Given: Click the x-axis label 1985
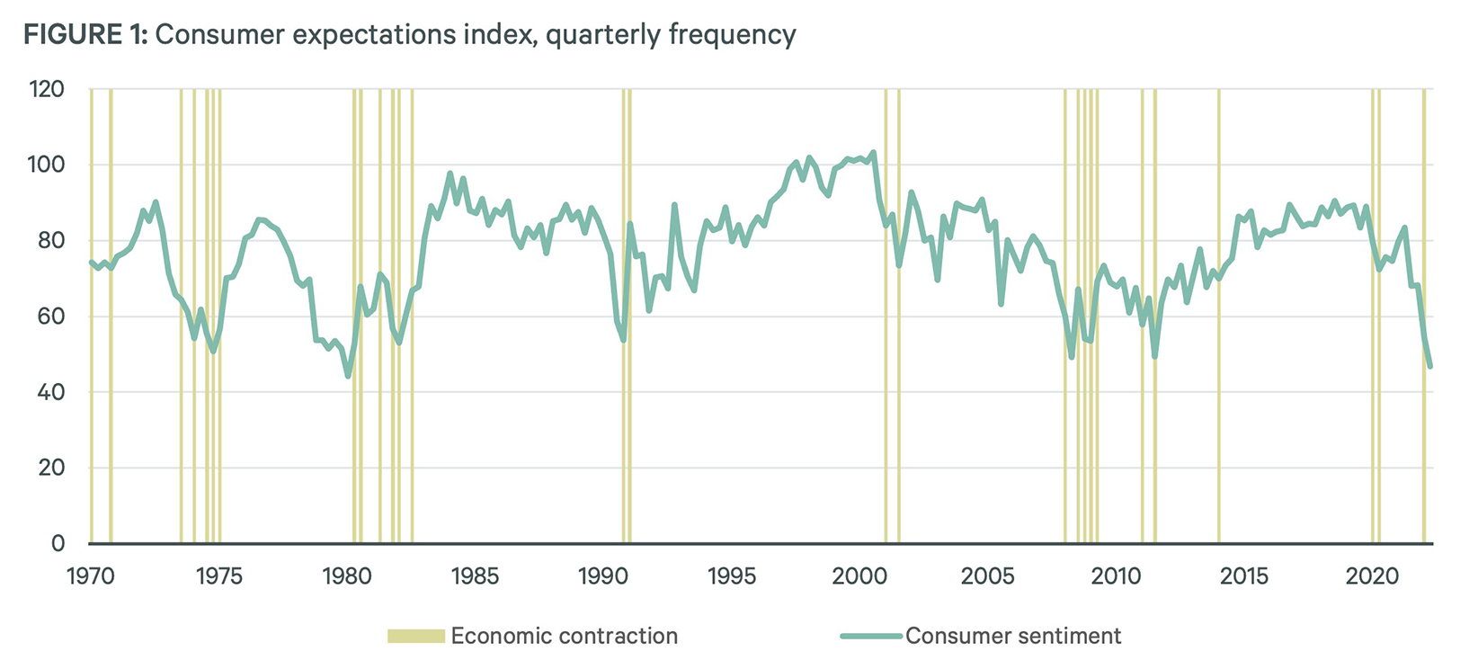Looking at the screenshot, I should (x=476, y=575).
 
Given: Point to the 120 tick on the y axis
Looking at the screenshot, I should (x=47, y=89).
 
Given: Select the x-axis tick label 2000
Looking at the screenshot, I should (x=859, y=575).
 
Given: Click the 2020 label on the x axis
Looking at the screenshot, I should (x=1372, y=575).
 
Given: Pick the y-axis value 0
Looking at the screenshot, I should (x=58, y=543).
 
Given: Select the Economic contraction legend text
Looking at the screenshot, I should (x=564, y=636).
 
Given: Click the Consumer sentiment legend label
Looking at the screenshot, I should (x=1013, y=636).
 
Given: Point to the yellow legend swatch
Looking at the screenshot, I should (x=416, y=636).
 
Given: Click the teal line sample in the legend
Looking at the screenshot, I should (x=870, y=636).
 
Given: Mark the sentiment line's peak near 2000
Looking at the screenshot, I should (x=873, y=153).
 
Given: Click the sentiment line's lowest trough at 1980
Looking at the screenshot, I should (x=348, y=376).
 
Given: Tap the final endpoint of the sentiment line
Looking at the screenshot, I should (x=1429, y=367).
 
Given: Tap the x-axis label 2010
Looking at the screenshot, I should (x=1116, y=575).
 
